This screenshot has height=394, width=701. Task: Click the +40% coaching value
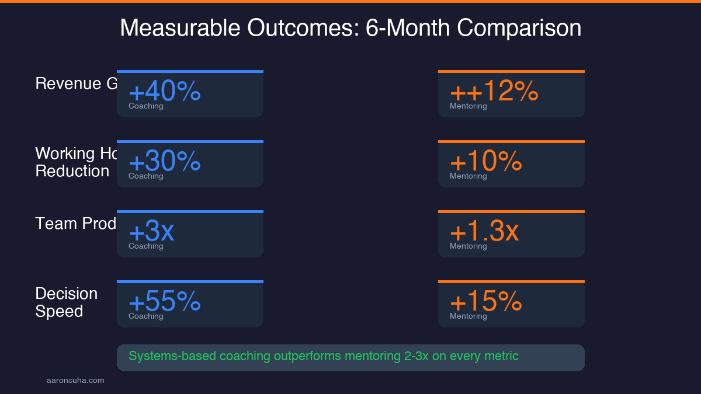(164, 91)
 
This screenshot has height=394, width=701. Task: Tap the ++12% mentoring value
(494, 91)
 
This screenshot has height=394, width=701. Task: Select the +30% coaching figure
(164, 161)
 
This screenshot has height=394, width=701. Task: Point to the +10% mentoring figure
(485, 161)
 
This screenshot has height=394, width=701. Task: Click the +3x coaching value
(151, 231)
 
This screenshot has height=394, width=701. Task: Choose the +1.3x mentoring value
(484, 231)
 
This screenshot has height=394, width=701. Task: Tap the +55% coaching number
(164, 301)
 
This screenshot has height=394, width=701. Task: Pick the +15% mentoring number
(485, 301)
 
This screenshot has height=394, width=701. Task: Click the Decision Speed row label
(66, 302)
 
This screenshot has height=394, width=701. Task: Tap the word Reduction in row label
(72, 171)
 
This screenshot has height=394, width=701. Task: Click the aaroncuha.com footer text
(75, 381)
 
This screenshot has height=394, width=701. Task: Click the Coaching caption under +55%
(146, 316)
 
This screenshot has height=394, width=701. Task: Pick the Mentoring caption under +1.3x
(468, 246)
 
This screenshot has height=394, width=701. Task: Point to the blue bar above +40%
(190, 71)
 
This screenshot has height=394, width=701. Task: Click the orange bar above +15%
(511, 281)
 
